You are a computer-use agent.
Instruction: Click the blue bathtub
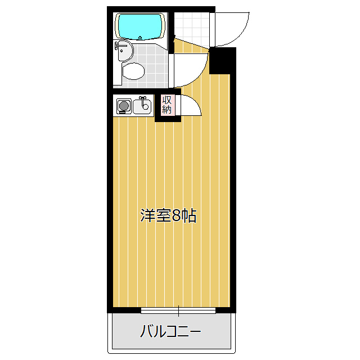(140, 26)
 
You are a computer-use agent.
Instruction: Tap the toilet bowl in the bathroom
(133, 71)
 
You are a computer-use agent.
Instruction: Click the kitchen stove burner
(123, 105)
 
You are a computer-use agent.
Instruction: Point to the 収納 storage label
(166, 105)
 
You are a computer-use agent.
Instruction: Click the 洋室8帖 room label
(168, 215)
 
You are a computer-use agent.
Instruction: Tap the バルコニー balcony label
(170, 331)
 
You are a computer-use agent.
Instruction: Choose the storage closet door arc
(187, 106)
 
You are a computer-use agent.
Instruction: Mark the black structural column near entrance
(223, 61)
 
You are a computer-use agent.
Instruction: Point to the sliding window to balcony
(178, 310)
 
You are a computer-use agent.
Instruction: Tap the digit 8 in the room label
(177, 216)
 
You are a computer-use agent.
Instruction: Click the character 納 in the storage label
(166, 109)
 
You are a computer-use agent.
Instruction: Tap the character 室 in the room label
(163, 215)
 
